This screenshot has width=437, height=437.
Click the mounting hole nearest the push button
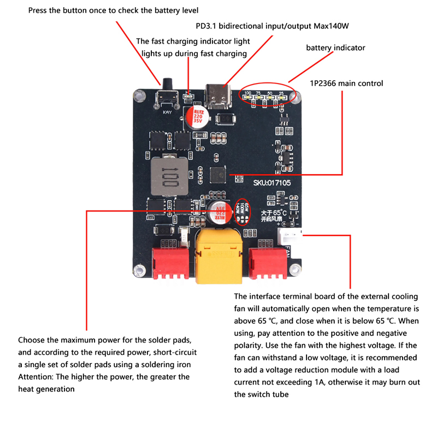point(139,96)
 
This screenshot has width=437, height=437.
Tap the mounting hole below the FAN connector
point(297,269)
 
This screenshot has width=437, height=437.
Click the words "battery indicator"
point(335,48)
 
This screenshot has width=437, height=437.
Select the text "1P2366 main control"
point(346,84)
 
